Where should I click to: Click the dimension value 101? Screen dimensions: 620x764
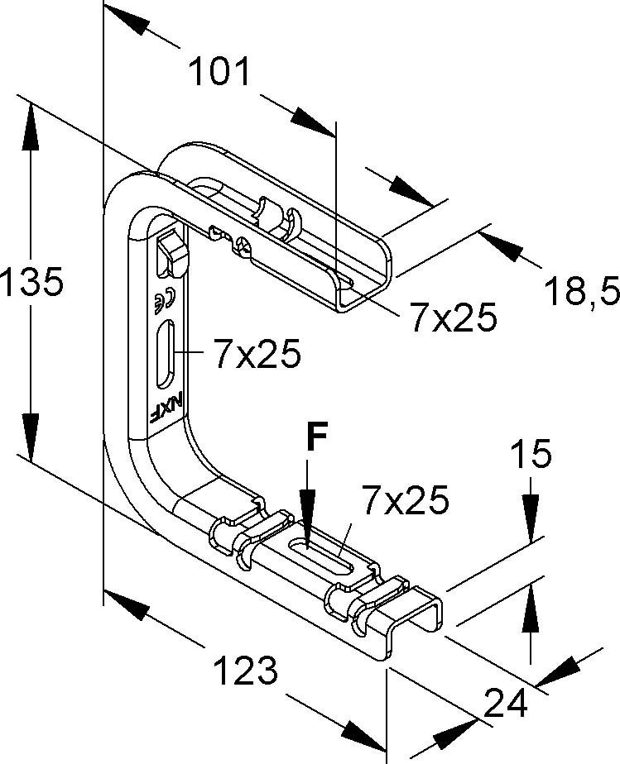point(219,71)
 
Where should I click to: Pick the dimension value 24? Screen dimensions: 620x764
point(506,703)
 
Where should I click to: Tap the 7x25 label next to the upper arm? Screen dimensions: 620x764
point(453,318)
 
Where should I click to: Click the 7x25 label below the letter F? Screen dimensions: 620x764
point(405,500)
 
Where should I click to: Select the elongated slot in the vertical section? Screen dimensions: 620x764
point(165,354)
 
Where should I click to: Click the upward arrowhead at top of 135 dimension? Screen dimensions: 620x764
point(31,126)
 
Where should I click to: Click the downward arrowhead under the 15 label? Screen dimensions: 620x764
point(531,518)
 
